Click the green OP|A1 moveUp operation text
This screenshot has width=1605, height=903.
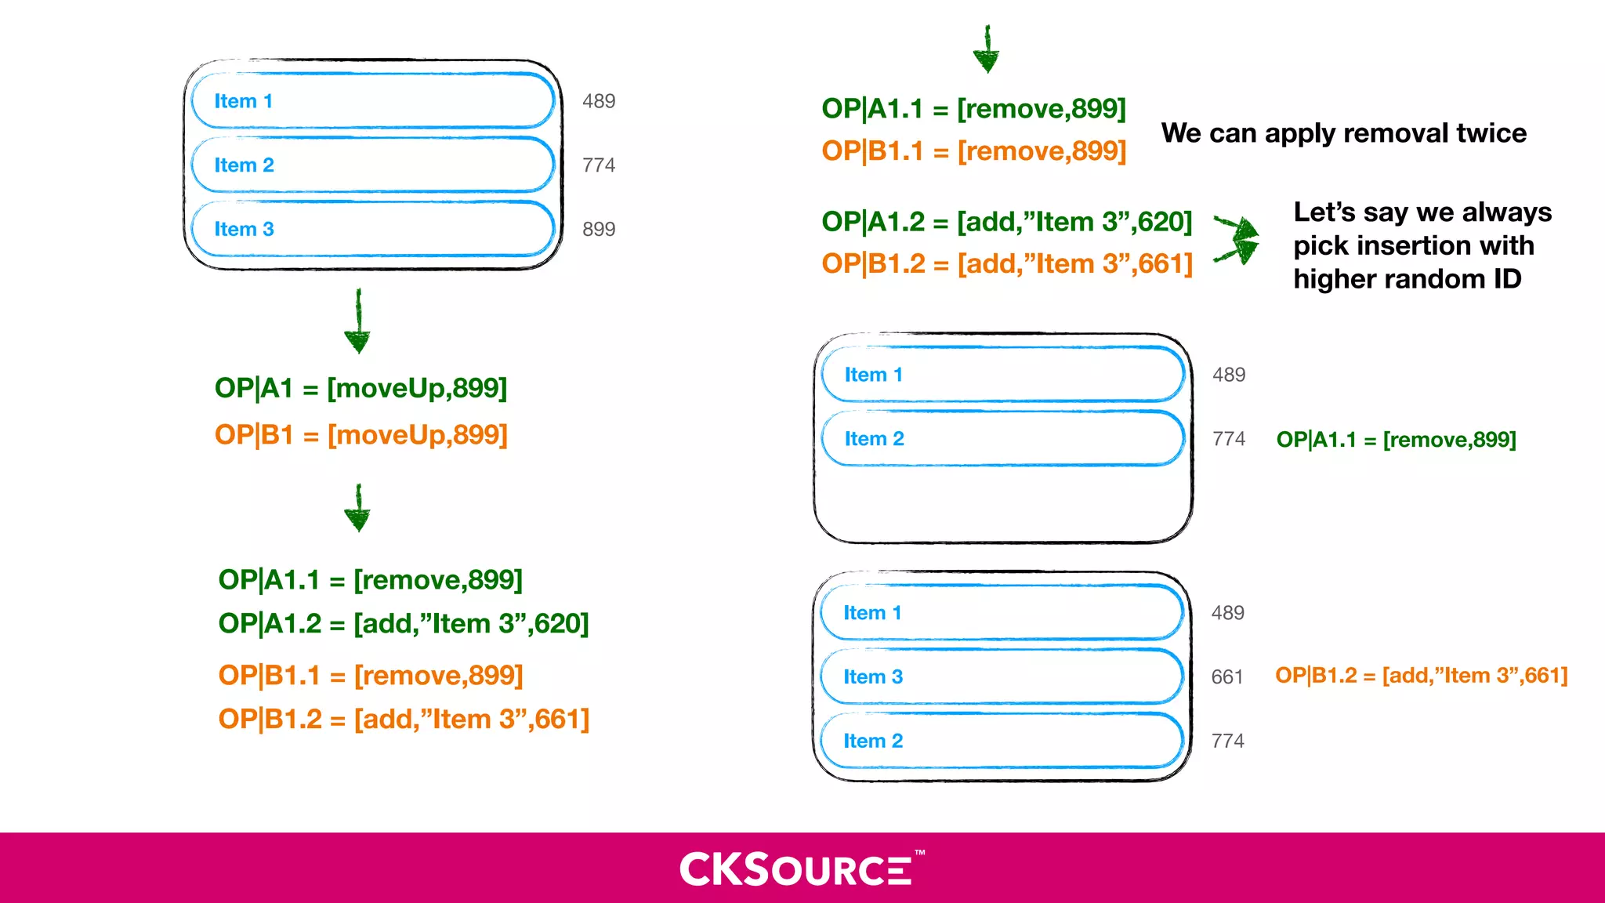click(x=361, y=388)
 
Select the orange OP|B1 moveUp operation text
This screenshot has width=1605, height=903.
click(x=361, y=434)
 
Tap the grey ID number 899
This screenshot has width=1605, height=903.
click(x=599, y=229)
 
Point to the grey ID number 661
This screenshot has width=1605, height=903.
click(x=1227, y=676)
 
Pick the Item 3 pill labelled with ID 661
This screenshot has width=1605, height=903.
click(x=1002, y=676)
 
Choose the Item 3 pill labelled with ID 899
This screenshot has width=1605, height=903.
click(x=373, y=229)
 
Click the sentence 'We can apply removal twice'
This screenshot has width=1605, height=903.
click(x=1343, y=133)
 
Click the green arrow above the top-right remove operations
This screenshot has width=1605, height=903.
click(x=987, y=49)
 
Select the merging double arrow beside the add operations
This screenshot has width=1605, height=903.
click(x=1237, y=238)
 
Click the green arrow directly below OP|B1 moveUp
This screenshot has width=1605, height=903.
click(x=358, y=509)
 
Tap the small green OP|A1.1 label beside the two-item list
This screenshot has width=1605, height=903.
click(x=1396, y=440)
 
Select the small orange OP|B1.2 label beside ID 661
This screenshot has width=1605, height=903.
click(x=1421, y=676)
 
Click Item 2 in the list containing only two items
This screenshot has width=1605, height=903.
click(x=1002, y=438)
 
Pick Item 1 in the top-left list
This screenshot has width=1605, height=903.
click(x=373, y=101)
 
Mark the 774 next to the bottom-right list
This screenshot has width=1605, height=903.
click(x=1227, y=741)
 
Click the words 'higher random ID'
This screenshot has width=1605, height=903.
click(x=1408, y=279)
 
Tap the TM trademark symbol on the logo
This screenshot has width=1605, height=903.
click(x=920, y=852)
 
